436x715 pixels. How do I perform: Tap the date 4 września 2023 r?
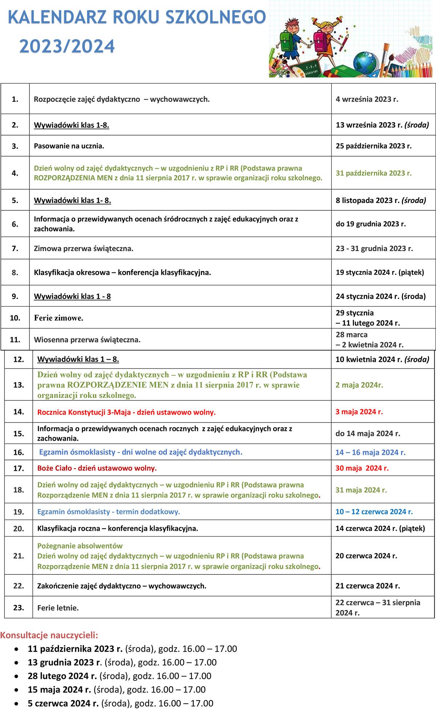pos(367,99)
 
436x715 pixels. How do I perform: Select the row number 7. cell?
pos(15,249)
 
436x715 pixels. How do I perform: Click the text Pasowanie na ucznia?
pos(69,146)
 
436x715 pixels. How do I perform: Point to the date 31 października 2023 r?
pos(374,173)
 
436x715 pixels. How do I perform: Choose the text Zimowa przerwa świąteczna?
pos(84,249)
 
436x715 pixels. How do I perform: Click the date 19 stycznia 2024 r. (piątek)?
pos(380,272)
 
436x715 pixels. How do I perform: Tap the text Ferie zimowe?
pos(58,318)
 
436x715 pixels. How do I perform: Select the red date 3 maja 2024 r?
pos(359,412)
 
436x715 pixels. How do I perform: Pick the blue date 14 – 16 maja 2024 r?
pos(370,452)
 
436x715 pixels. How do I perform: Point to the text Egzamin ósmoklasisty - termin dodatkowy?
pos(109,512)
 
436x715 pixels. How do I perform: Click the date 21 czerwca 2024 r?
pos(367,586)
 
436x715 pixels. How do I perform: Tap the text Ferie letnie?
pos(58,608)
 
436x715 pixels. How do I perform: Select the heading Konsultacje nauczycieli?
pos(49,635)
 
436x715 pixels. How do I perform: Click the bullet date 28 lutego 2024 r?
pos(62,676)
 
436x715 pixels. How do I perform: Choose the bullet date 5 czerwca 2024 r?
pos(63,703)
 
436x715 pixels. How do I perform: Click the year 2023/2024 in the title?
pos(67,47)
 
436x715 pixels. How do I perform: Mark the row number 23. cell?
pos(19,607)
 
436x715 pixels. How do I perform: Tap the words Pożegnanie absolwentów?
pos(80,546)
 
